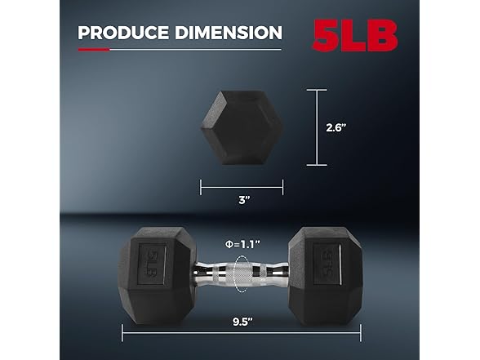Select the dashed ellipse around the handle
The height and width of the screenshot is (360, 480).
243,272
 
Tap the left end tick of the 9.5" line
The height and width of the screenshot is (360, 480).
122,332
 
